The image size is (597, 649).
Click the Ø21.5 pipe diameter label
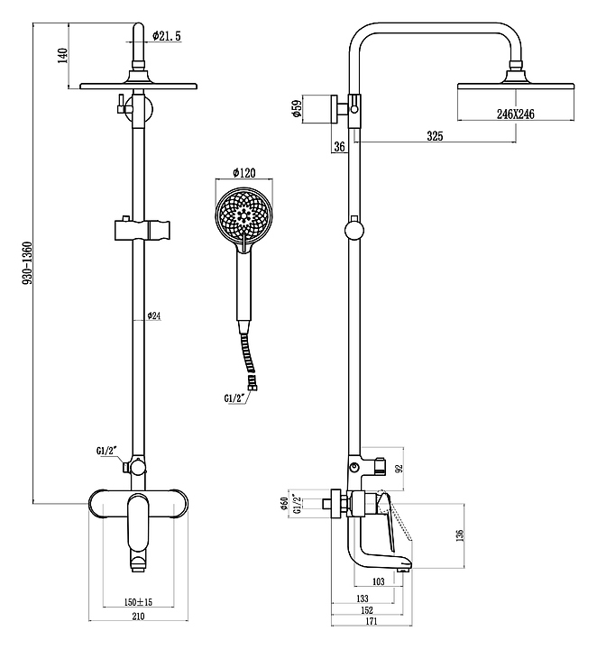coord(167,36)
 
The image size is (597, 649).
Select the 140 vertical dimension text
coord(62,56)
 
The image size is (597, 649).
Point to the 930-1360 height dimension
coord(27,263)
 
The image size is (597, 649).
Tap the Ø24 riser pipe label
coord(153,315)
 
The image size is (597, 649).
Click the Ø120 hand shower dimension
coord(244,172)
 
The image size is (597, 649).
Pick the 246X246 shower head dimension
coord(516,114)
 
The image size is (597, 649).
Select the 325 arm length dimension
coord(435,136)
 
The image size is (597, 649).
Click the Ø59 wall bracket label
coord(297,109)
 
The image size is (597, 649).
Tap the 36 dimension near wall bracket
coord(339,147)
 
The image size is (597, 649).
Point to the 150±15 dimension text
coord(138,602)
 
